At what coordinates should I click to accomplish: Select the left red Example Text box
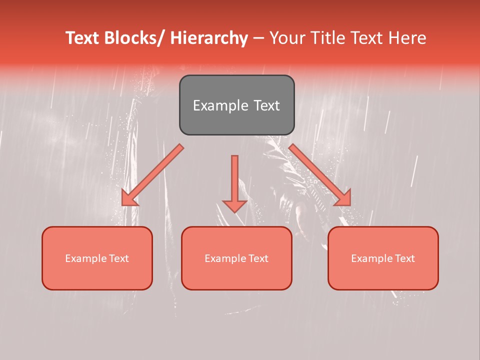(97, 258)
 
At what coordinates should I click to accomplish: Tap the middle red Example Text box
(236, 258)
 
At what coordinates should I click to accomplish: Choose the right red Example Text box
(383, 258)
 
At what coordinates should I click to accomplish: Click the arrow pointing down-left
(152, 175)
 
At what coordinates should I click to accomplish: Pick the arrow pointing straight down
(234, 182)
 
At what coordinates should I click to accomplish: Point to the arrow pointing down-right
(320, 175)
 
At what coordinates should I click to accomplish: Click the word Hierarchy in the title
(209, 38)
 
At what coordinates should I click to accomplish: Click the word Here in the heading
(408, 38)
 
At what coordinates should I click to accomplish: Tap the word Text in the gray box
(266, 105)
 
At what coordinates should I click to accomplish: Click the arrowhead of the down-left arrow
(128, 198)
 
